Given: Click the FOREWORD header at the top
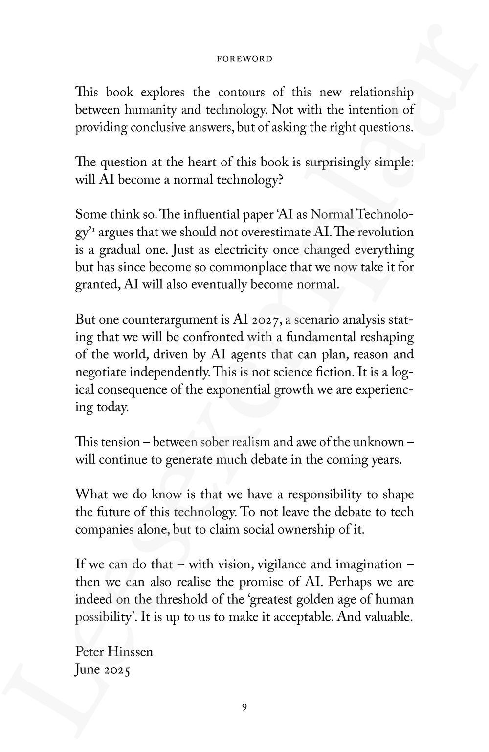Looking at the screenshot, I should [x=244, y=59].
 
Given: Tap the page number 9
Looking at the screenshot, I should [x=244, y=706].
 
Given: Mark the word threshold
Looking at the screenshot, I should [x=184, y=599].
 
